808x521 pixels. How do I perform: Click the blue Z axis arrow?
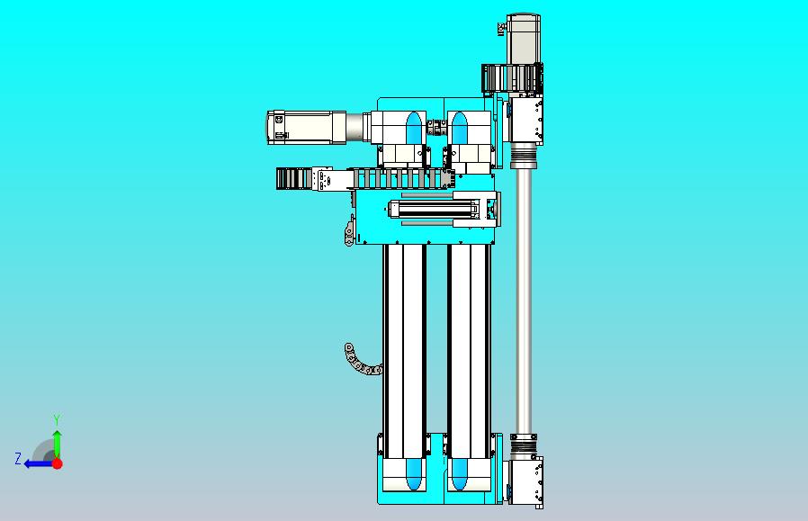pos(36,463)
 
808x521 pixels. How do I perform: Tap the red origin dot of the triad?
pos(57,463)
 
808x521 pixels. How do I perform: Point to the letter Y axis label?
pos(57,420)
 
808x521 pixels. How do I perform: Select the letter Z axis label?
pos(17,459)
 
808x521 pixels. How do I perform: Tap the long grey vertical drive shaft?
pos(524,297)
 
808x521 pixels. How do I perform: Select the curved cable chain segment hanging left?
pos(360,360)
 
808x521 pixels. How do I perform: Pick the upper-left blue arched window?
pos(414,127)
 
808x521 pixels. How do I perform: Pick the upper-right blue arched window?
pos(460,127)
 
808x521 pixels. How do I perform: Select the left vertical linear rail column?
pos(404,337)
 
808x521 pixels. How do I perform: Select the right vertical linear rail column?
pos(468,337)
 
